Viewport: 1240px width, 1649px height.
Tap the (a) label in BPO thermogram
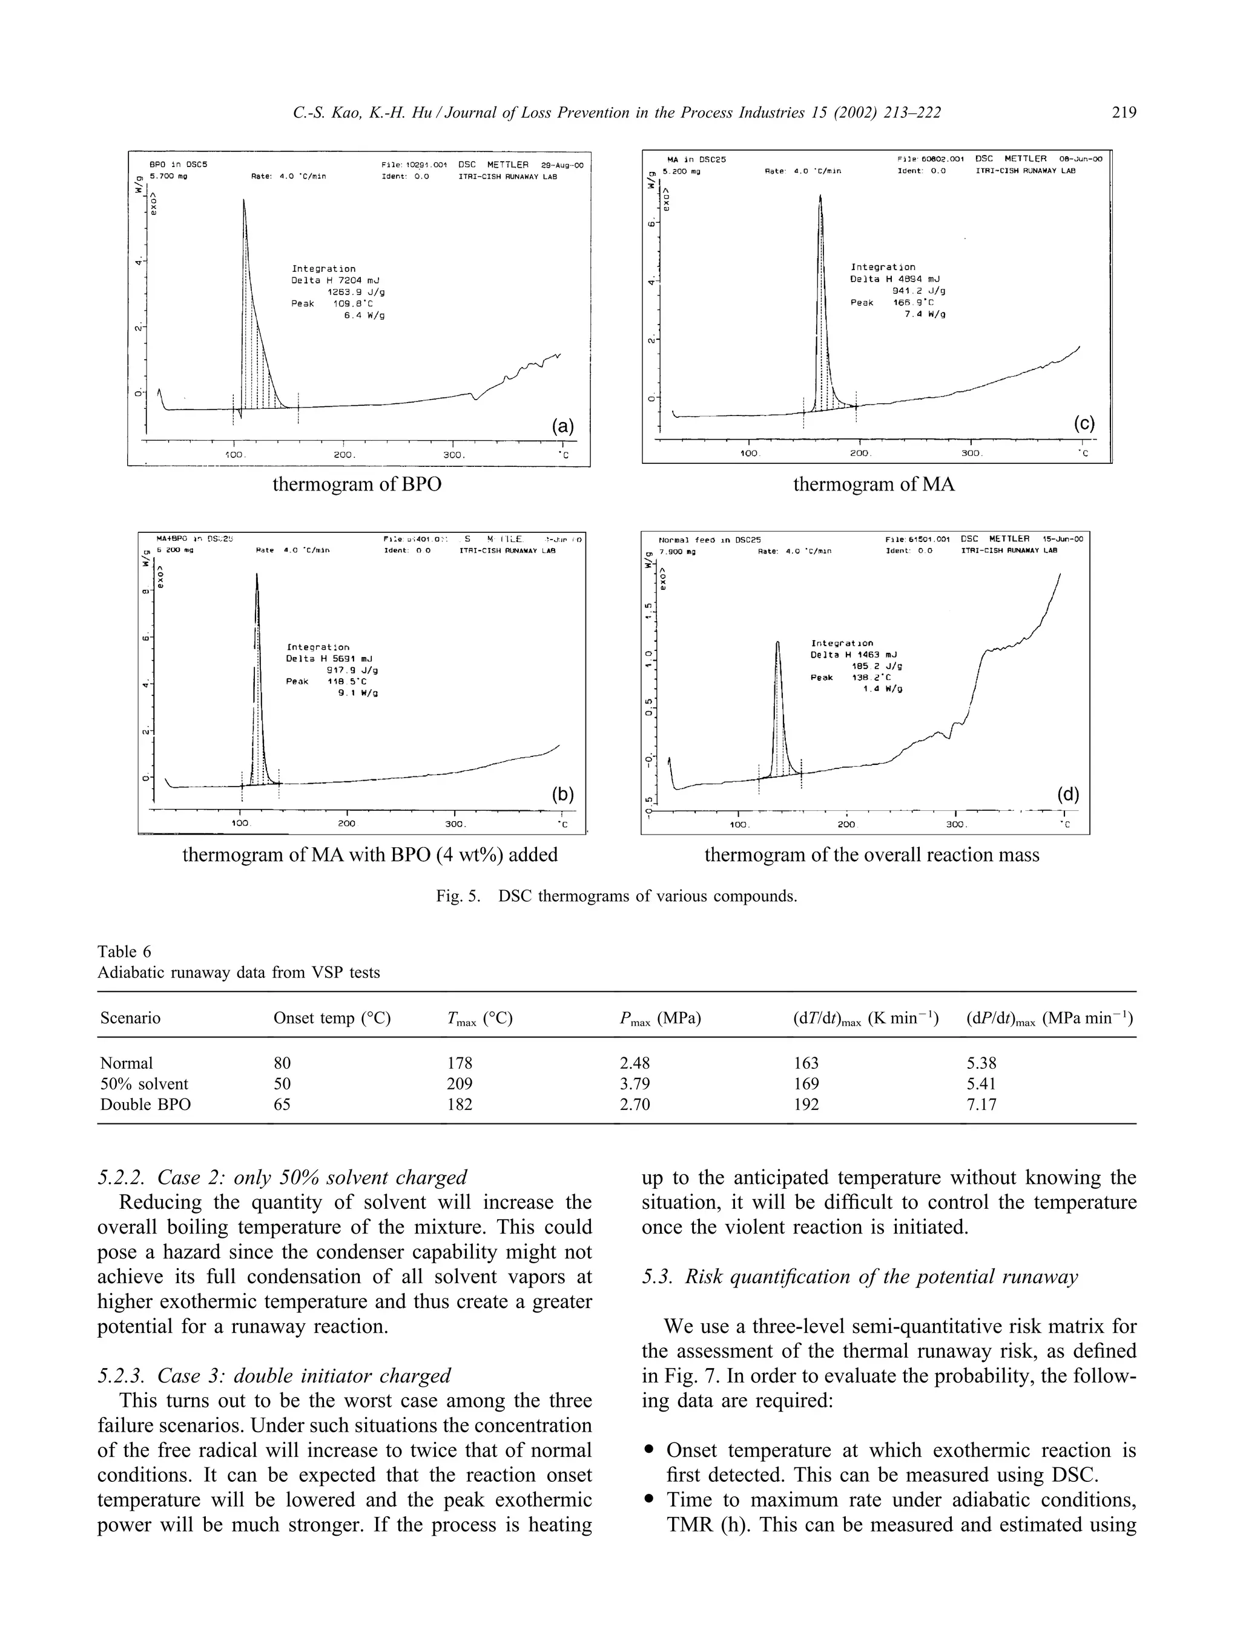click(562, 426)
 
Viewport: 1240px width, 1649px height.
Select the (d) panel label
click(1067, 795)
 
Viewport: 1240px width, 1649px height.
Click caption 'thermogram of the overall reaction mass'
click(871, 854)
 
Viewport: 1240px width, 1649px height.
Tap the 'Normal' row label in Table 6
click(126, 1063)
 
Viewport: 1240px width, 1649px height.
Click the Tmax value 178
click(459, 1063)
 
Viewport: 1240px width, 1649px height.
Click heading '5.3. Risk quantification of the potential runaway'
click(859, 1277)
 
